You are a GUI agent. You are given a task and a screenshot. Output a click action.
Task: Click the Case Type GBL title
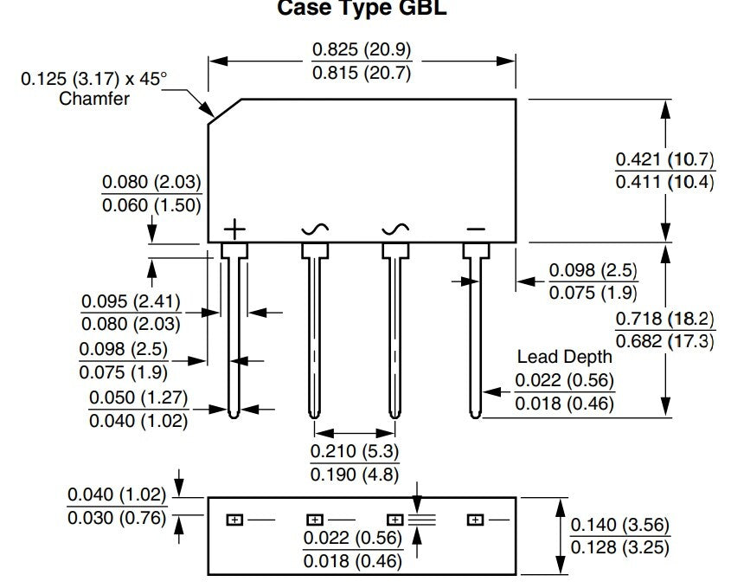pyautogui.click(x=362, y=8)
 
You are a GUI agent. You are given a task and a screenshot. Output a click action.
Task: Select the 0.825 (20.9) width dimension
pyautogui.click(x=362, y=49)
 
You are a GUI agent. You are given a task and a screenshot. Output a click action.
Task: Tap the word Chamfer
pyautogui.click(x=94, y=99)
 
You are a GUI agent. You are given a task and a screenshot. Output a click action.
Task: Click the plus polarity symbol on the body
pyautogui.click(x=234, y=229)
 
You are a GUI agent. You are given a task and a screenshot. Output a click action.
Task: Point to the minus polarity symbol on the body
pyautogui.click(x=476, y=229)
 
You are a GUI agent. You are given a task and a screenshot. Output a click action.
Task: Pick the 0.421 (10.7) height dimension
pyautogui.click(x=664, y=159)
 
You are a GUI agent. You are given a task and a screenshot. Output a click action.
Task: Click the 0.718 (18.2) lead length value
pyautogui.click(x=664, y=319)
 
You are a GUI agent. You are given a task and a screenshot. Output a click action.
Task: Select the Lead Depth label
pyautogui.click(x=564, y=357)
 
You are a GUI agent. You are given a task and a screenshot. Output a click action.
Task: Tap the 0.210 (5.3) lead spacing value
pyautogui.click(x=355, y=451)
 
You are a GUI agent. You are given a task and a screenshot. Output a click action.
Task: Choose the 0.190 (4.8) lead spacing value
pyautogui.click(x=355, y=475)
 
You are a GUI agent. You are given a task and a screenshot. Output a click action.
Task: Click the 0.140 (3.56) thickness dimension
pyautogui.click(x=620, y=525)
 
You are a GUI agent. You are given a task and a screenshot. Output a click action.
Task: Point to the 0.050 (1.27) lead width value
pyautogui.click(x=138, y=397)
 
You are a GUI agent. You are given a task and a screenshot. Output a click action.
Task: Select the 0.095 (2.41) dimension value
pyautogui.click(x=131, y=301)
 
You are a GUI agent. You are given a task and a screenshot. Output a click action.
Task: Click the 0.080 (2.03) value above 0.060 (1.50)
pyautogui.click(x=151, y=182)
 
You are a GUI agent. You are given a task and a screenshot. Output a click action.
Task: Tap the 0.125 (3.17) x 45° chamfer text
pyautogui.click(x=93, y=79)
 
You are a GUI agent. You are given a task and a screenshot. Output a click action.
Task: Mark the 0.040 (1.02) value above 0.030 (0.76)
pyautogui.click(x=117, y=494)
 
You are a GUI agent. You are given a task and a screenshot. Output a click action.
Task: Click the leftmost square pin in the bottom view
pyautogui.click(x=234, y=520)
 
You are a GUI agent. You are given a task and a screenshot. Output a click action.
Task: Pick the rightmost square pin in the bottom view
pyautogui.click(x=475, y=520)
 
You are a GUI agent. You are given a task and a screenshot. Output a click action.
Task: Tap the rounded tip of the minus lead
pyautogui.click(x=475, y=415)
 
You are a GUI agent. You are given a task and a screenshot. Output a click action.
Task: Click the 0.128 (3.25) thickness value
pyautogui.click(x=620, y=547)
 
